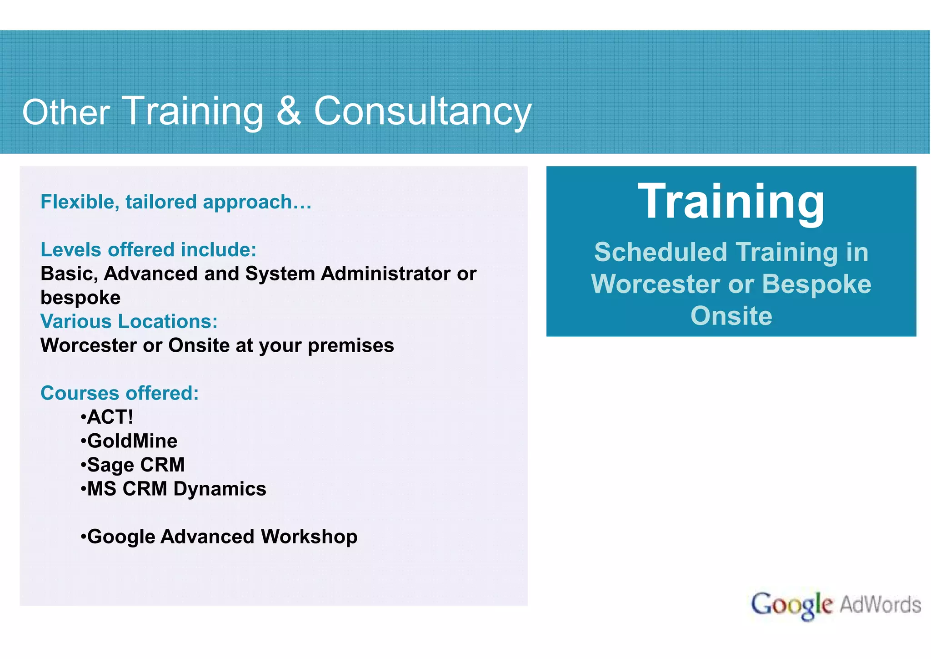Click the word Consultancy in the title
point(422,112)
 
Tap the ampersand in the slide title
point(289,111)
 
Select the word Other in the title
point(66,112)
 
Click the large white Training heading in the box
point(731,201)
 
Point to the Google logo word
point(791,605)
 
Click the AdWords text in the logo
point(880,605)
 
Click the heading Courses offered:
point(120,393)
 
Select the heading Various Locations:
point(129,321)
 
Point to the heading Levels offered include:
point(149,250)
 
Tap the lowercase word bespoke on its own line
point(80,298)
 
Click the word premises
point(350,345)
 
